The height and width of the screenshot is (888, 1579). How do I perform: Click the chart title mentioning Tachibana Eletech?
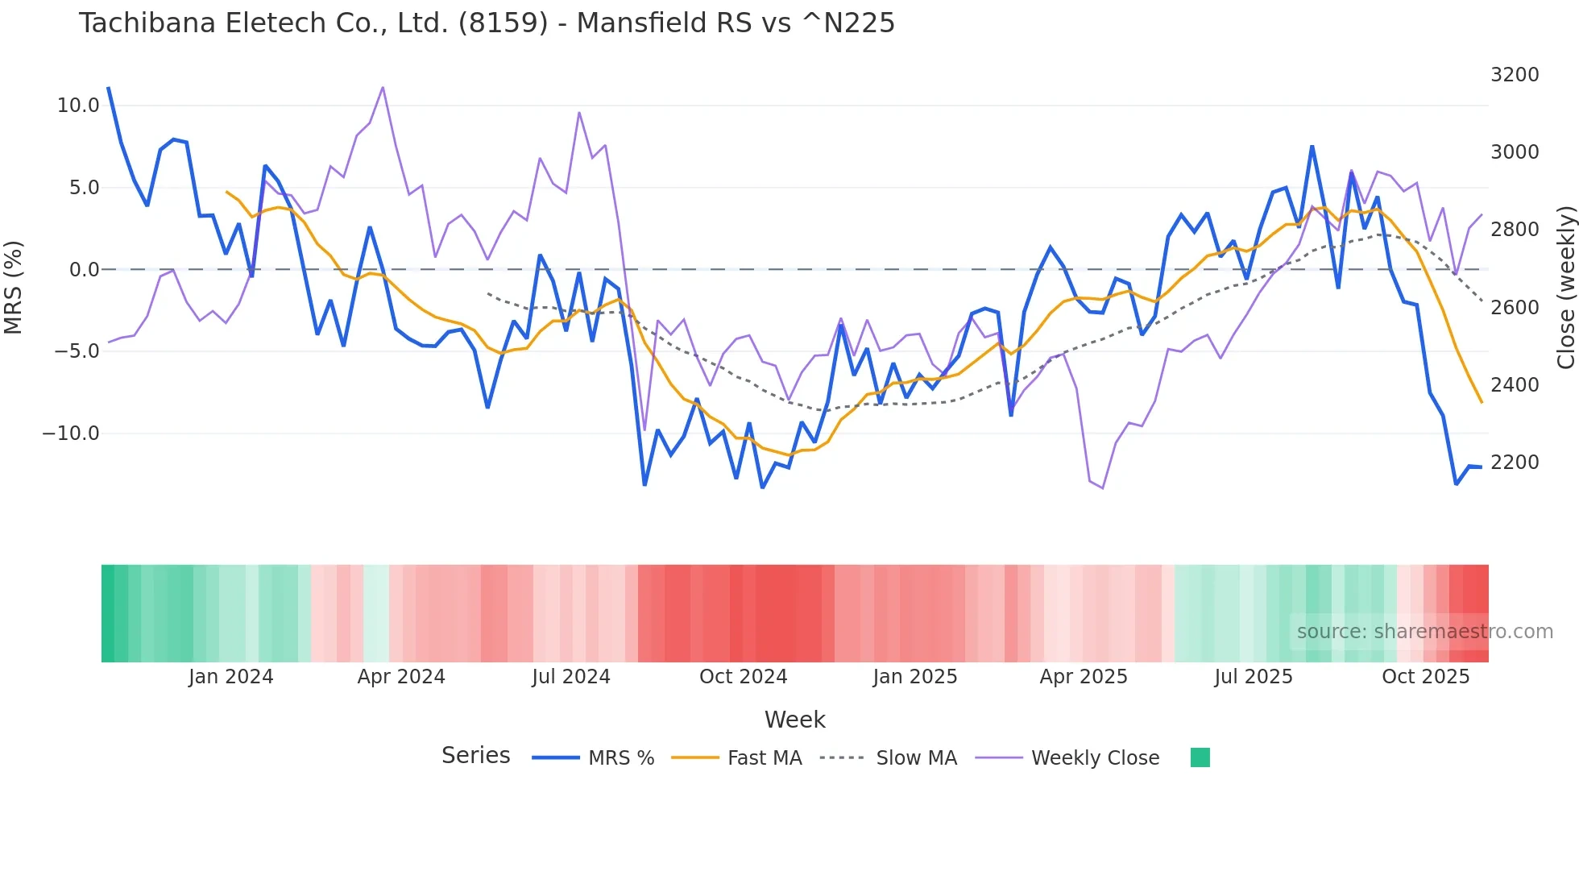click(487, 23)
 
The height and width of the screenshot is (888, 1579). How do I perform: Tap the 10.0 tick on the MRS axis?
click(78, 106)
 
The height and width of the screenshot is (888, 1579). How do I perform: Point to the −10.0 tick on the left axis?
click(71, 434)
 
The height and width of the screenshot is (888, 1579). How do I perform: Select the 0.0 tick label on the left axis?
click(84, 270)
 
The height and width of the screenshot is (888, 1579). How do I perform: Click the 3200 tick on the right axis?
click(1515, 75)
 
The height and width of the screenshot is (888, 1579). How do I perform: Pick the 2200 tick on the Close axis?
click(1515, 463)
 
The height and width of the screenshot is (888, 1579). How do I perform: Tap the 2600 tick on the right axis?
click(1515, 308)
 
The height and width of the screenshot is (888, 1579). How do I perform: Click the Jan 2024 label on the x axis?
click(231, 677)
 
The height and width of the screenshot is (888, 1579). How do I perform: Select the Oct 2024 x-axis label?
click(743, 677)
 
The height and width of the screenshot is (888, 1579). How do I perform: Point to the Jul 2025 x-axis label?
click(1254, 677)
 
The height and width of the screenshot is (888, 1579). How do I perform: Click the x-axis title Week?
click(794, 720)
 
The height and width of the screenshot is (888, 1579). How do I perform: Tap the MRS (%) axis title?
click(14, 287)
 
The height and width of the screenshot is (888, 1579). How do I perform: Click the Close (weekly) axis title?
click(1565, 287)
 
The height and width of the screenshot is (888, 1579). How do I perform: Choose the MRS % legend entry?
click(620, 758)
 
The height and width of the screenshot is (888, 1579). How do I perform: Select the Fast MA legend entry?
click(764, 758)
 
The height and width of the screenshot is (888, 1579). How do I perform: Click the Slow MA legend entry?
click(916, 758)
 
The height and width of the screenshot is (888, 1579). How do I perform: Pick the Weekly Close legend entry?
click(1095, 758)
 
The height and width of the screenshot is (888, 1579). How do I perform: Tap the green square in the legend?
click(1200, 757)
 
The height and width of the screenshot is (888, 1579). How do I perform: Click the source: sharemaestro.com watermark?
click(1424, 632)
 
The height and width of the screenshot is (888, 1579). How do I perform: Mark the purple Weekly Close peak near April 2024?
click(383, 87)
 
